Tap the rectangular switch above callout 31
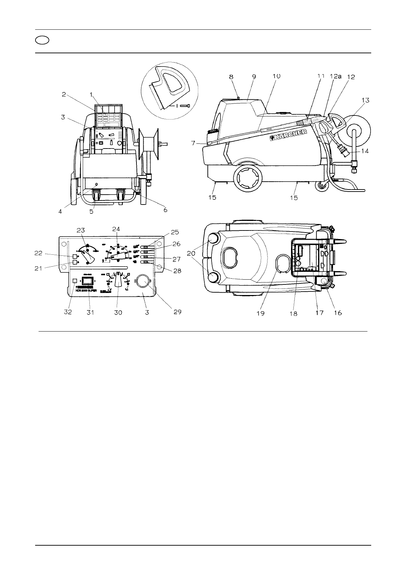point(88,281)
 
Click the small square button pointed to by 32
point(75,280)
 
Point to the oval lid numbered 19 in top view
point(283,263)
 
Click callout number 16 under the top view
point(337,312)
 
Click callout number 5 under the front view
point(91,211)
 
